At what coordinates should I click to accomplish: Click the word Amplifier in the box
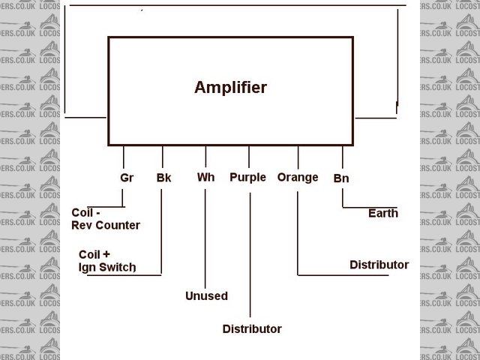pos(230,88)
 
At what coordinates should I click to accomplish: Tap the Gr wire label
pos(127,178)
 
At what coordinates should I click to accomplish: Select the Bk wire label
pos(163,178)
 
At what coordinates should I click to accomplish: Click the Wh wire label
pos(205,178)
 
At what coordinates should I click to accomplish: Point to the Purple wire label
pos(247,178)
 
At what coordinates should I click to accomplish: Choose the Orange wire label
pos(298,178)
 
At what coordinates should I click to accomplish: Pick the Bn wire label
pos(341,179)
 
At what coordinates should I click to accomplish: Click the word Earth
pos(382,213)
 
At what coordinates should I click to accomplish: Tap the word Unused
pos(206,296)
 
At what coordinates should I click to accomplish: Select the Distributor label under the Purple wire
pos(252,329)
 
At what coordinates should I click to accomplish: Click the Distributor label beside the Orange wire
pos(379,265)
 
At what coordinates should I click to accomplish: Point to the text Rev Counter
pos(106,225)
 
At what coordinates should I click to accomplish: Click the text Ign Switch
pos(107,267)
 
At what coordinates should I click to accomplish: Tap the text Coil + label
pos(94,254)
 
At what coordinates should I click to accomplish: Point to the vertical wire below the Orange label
pos(298,232)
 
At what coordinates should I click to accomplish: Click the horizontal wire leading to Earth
pos(367,205)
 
